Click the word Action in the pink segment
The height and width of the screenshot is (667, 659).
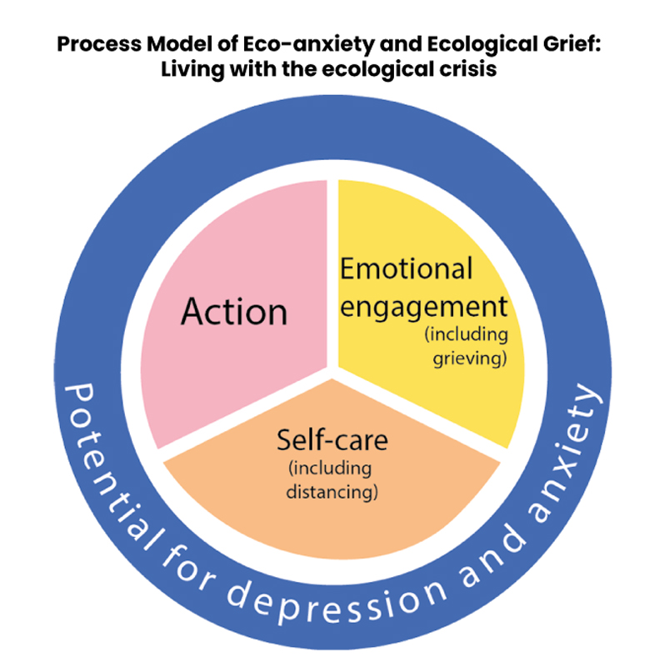pyautogui.click(x=234, y=312)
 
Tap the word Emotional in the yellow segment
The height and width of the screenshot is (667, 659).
pyautogui.click(x=406, y=268)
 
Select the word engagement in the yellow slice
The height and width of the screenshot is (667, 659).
pyautogui.click(x=423, y=307)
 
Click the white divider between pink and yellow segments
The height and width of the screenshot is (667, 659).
pyautogui.click(x=333, y=275)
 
